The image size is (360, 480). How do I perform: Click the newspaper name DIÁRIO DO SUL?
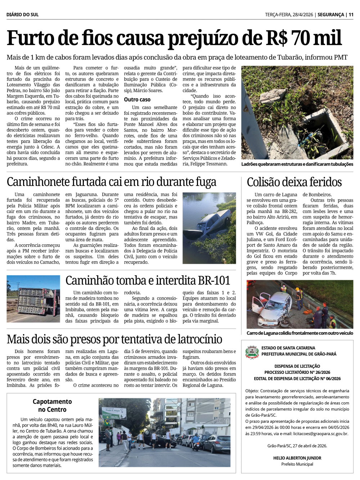click(x=22, y=15)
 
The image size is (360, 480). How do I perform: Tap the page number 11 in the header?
click(x=351, y=15)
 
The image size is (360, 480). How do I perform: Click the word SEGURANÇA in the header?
click(x=330, y=15)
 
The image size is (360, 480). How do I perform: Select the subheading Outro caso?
click(x=137, y=100)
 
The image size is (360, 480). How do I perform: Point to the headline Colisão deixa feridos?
click(x=294, y=182)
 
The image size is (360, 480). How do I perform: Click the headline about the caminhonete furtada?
click(x=111, y=182)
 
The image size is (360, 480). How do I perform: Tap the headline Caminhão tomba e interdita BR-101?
click(x=148, y=281)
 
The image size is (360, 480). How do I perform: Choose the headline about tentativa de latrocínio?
click(x=114, y=339)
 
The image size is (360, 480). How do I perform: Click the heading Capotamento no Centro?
click(x=52, y=406)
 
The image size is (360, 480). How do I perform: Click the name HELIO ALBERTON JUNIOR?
click(x=297, y=458)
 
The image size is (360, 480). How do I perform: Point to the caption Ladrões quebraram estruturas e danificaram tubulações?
click(x=297, y=164)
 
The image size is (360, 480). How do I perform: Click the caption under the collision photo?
click(x=300, y=333)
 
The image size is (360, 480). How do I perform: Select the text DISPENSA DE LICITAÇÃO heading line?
click(x=297, y=366)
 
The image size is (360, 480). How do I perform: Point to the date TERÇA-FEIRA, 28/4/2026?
click(x=289, y=15)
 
